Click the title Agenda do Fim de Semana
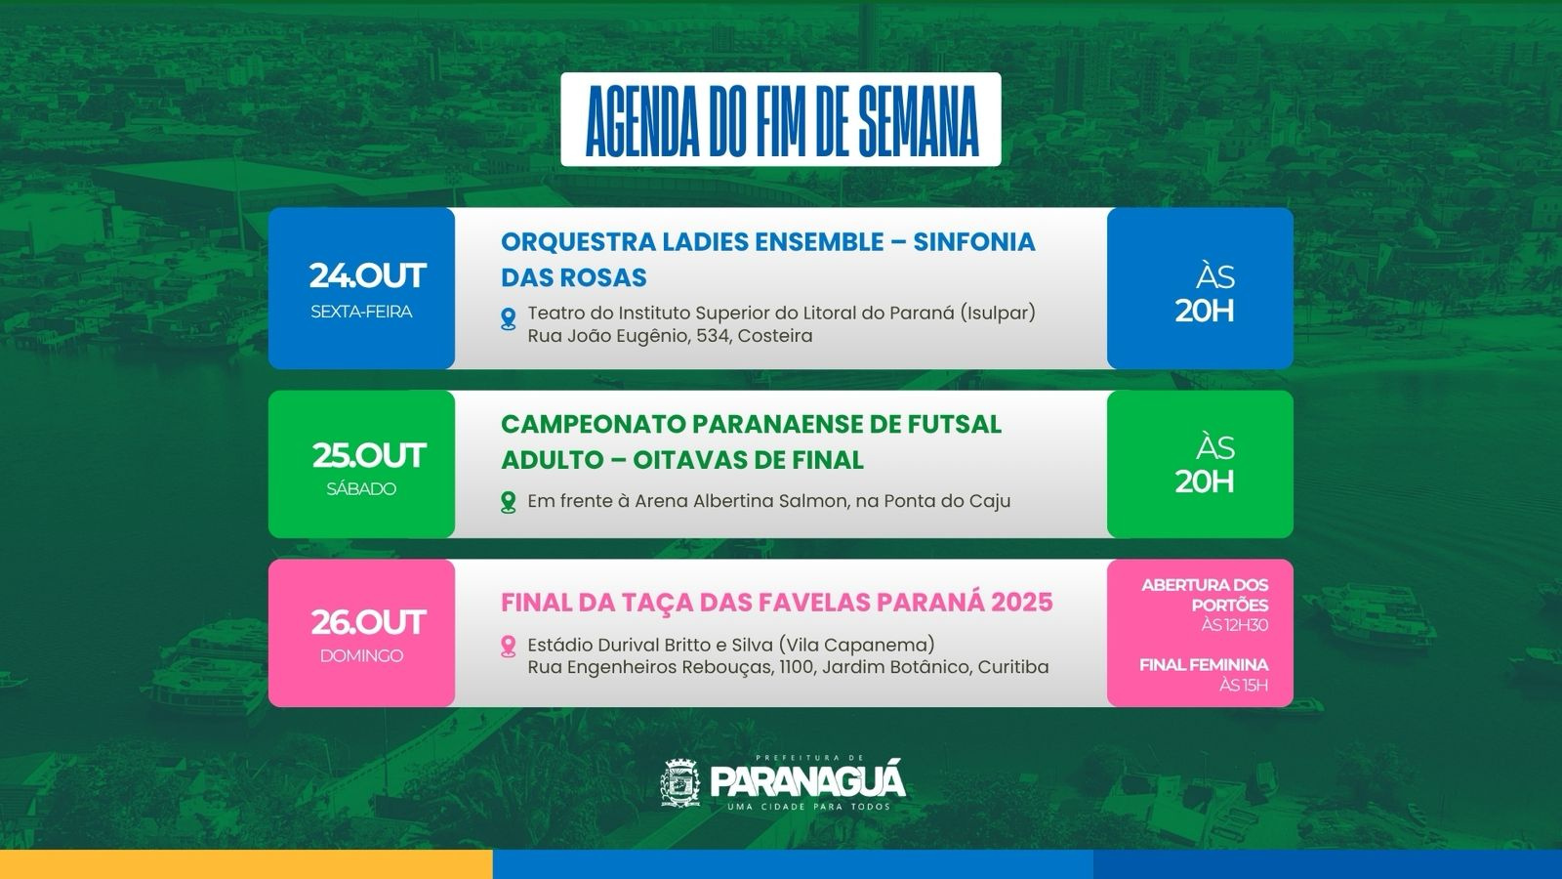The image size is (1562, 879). click(781, 120)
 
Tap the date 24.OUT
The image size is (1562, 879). click(367, 275)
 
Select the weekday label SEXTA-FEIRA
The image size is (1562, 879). click(361, 312)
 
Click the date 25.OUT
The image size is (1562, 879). click(368, 455)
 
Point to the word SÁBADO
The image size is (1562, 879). click(361, 489)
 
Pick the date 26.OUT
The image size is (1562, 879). click(367, 622)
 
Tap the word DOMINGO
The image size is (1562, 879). click(361, 655)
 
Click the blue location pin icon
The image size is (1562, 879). click(509, 318)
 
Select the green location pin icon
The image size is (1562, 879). click(509, 502)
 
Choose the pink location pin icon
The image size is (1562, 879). click(509, 646)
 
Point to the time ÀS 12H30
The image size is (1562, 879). click(1234, 625)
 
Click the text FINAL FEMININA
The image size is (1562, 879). click(1204, 665)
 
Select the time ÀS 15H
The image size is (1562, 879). click(1244, 685)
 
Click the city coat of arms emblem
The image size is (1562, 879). click(680, 782)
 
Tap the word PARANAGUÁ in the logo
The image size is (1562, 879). click(807, 780)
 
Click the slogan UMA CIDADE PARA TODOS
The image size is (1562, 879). click(809, 807)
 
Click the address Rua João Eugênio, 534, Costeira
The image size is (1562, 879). click(670, 336)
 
